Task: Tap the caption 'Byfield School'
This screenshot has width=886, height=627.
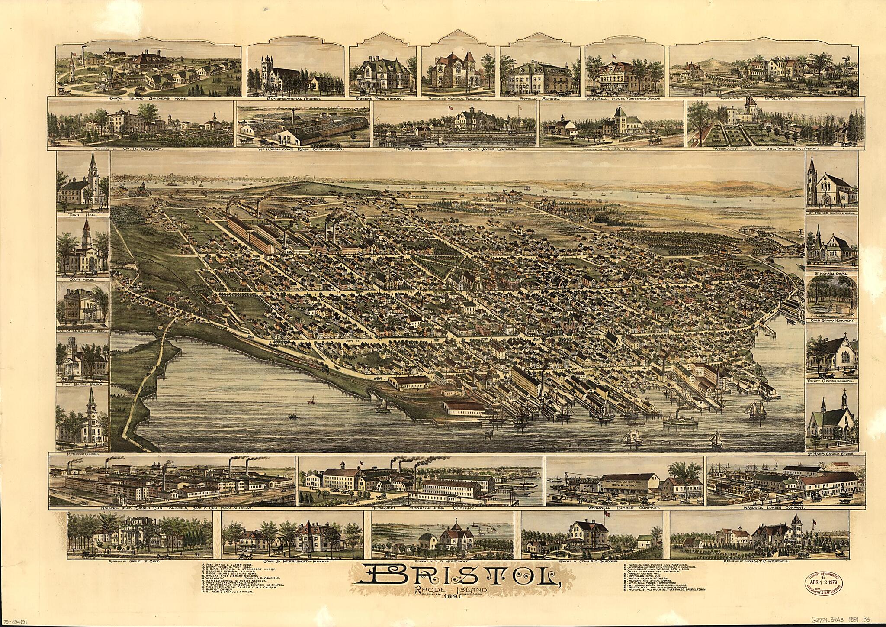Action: point(539,99)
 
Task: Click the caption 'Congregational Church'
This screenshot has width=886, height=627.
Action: point(295,99)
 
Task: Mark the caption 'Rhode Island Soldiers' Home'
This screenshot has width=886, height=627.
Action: point(147,99)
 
